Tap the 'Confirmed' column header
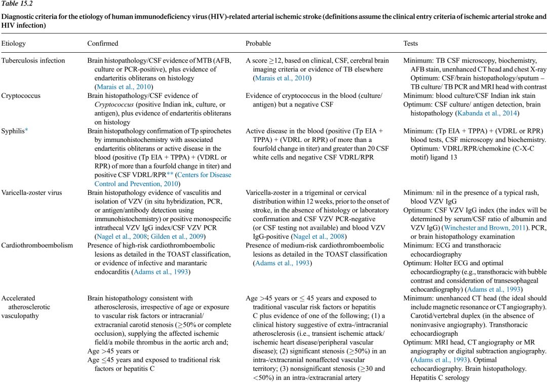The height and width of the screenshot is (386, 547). [x=103, y=44]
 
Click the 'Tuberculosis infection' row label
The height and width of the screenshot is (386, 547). [x=33, y=60]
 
